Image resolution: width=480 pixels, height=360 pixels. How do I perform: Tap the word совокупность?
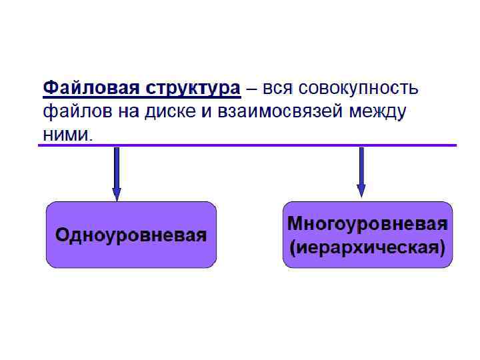click(x=361, y=88)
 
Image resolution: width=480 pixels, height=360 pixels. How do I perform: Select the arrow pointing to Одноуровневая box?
click(x=117, y=170)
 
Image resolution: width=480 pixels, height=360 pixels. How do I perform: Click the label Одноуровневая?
click(x=131, y=235)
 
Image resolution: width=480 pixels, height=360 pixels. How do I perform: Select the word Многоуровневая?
click(x=367, y=223)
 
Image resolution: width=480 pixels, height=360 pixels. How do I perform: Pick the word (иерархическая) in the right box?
click(x=367, y=248)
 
